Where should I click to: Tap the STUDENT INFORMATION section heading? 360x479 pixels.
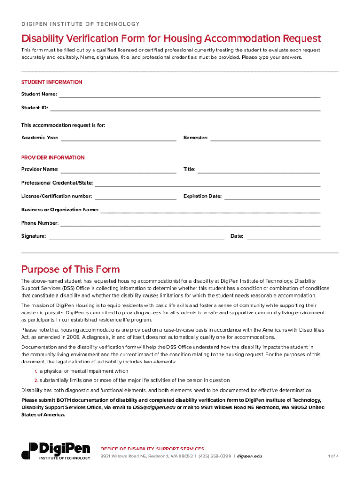[51, 82]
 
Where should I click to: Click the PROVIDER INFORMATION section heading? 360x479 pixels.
[53, 158]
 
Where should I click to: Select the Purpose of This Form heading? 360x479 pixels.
[71, 269]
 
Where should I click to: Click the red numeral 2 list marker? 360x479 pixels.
[36, 380]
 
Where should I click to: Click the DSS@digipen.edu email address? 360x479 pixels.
[151, 407]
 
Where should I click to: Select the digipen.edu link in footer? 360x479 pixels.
[250, 456]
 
